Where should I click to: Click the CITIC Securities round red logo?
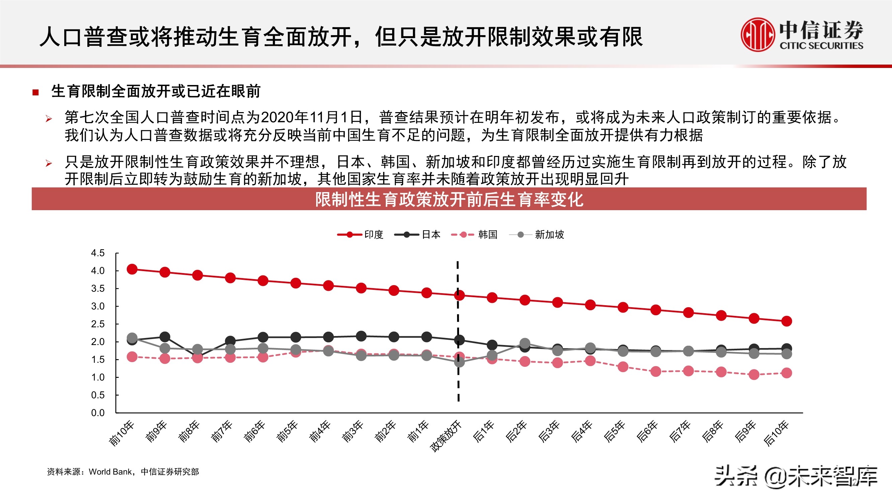[757, 35]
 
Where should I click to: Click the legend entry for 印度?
[360, 235]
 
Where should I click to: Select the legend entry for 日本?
[418, 235]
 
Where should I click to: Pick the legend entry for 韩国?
[474, 235]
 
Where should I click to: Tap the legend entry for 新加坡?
[537, 235]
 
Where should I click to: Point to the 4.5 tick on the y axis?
[98, 253]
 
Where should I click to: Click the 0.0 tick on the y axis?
[98, 413]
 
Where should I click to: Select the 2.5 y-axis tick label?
[98, 324]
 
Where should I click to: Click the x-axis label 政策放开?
[446, 436]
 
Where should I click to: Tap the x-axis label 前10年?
[121, 433]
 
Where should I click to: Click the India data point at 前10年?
[132, 269]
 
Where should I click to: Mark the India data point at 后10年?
[786, 321]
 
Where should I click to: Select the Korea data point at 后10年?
[786, 373]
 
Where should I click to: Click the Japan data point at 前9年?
[165, 336]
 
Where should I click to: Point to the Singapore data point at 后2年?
[525, 343]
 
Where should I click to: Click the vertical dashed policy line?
[458, 381]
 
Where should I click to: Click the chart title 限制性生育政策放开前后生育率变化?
[449, 199]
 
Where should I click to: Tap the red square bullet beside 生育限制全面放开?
[35, 92]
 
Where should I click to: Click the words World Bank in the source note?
[110, 472]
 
